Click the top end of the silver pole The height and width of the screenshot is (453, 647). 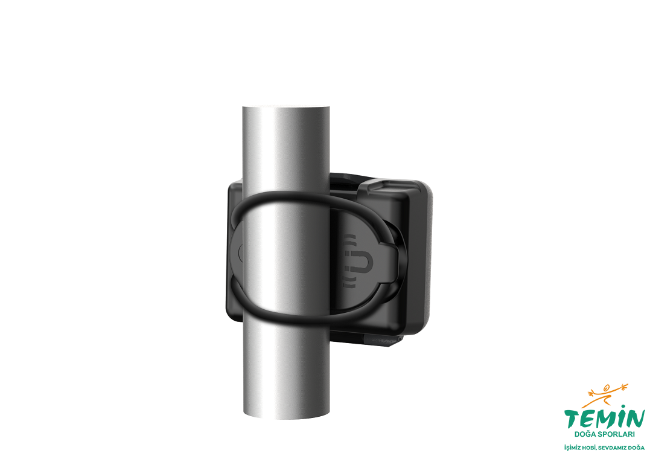286,108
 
